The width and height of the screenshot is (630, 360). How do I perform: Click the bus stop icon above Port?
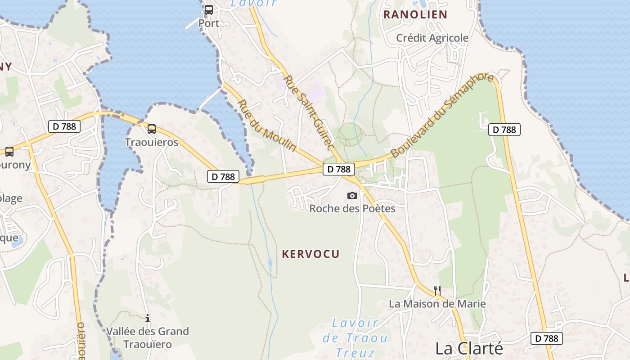pyautogui.click(x=209, y=9)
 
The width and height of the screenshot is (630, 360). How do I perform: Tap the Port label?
pyautogui.click(x=209, y=23)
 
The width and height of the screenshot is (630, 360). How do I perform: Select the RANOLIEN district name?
pyautogui.click(x=415, y=14)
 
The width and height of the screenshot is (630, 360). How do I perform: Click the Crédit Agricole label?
pyautogui.click(x=432, y=38)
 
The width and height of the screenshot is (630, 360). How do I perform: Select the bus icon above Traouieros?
pyautogui.click(x=152, y=129)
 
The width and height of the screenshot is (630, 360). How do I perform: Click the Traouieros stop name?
pyautogui.click(x=152, y=143)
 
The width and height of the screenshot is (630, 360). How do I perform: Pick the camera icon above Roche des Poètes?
pyautogui.click(x=352, y=195)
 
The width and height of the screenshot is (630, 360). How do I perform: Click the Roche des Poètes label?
pyautogui.click(x=352, y=208)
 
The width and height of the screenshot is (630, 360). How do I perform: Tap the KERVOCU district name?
pyautogui.click(x=310, y=254)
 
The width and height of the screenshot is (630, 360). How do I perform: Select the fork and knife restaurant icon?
pyautogui.click(x=437, y=290)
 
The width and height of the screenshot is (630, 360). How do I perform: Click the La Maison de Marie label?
pyautogui.click(x=437, y=304)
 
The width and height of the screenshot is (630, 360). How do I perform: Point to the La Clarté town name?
pyautogui.click(x=468, y=348)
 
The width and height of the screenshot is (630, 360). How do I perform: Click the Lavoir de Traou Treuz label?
pyautogui.click(x=355, y=337)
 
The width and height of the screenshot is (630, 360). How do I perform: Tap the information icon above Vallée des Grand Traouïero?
pyautogui.click(x=148, y=318)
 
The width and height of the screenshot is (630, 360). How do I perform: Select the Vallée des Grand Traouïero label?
pyautogui.click(x=148, y=338)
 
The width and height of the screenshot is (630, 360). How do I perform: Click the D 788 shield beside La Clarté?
pyautogui.click(x=547, y=338)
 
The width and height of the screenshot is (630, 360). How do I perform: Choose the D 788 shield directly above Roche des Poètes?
pyautogui.click(x=339, y=169)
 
